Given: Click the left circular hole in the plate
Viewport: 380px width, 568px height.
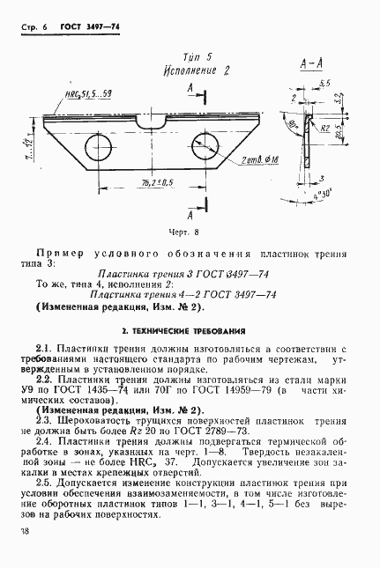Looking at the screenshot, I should [95, 145].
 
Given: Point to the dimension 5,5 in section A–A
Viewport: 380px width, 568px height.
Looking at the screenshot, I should [325, 82].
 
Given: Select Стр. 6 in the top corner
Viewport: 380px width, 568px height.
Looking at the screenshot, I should [32, 28].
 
